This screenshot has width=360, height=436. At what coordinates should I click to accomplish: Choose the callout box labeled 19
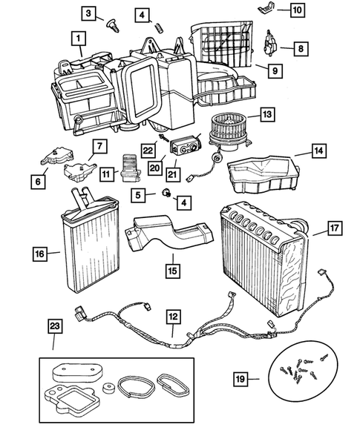pyautogui.click(x=239, y=382)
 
